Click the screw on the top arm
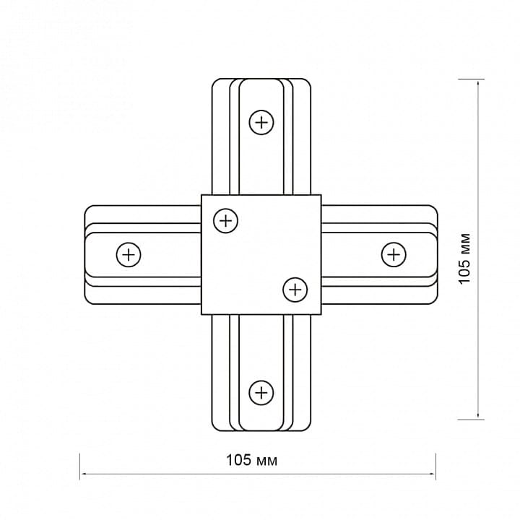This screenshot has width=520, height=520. click(261, 122)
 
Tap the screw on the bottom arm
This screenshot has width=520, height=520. click(261, 393)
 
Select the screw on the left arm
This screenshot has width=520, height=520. click(129, 255)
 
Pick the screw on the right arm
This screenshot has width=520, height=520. click(394, 255)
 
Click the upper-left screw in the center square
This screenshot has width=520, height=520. click(226, 220)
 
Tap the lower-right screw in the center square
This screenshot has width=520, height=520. click(295, 290)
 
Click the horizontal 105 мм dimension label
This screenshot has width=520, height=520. click(251, 460)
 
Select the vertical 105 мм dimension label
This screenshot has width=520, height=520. click(464, 259)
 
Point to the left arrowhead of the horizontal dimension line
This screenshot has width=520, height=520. click(83, 474)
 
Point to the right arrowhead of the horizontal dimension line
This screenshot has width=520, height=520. click(433, 474)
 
